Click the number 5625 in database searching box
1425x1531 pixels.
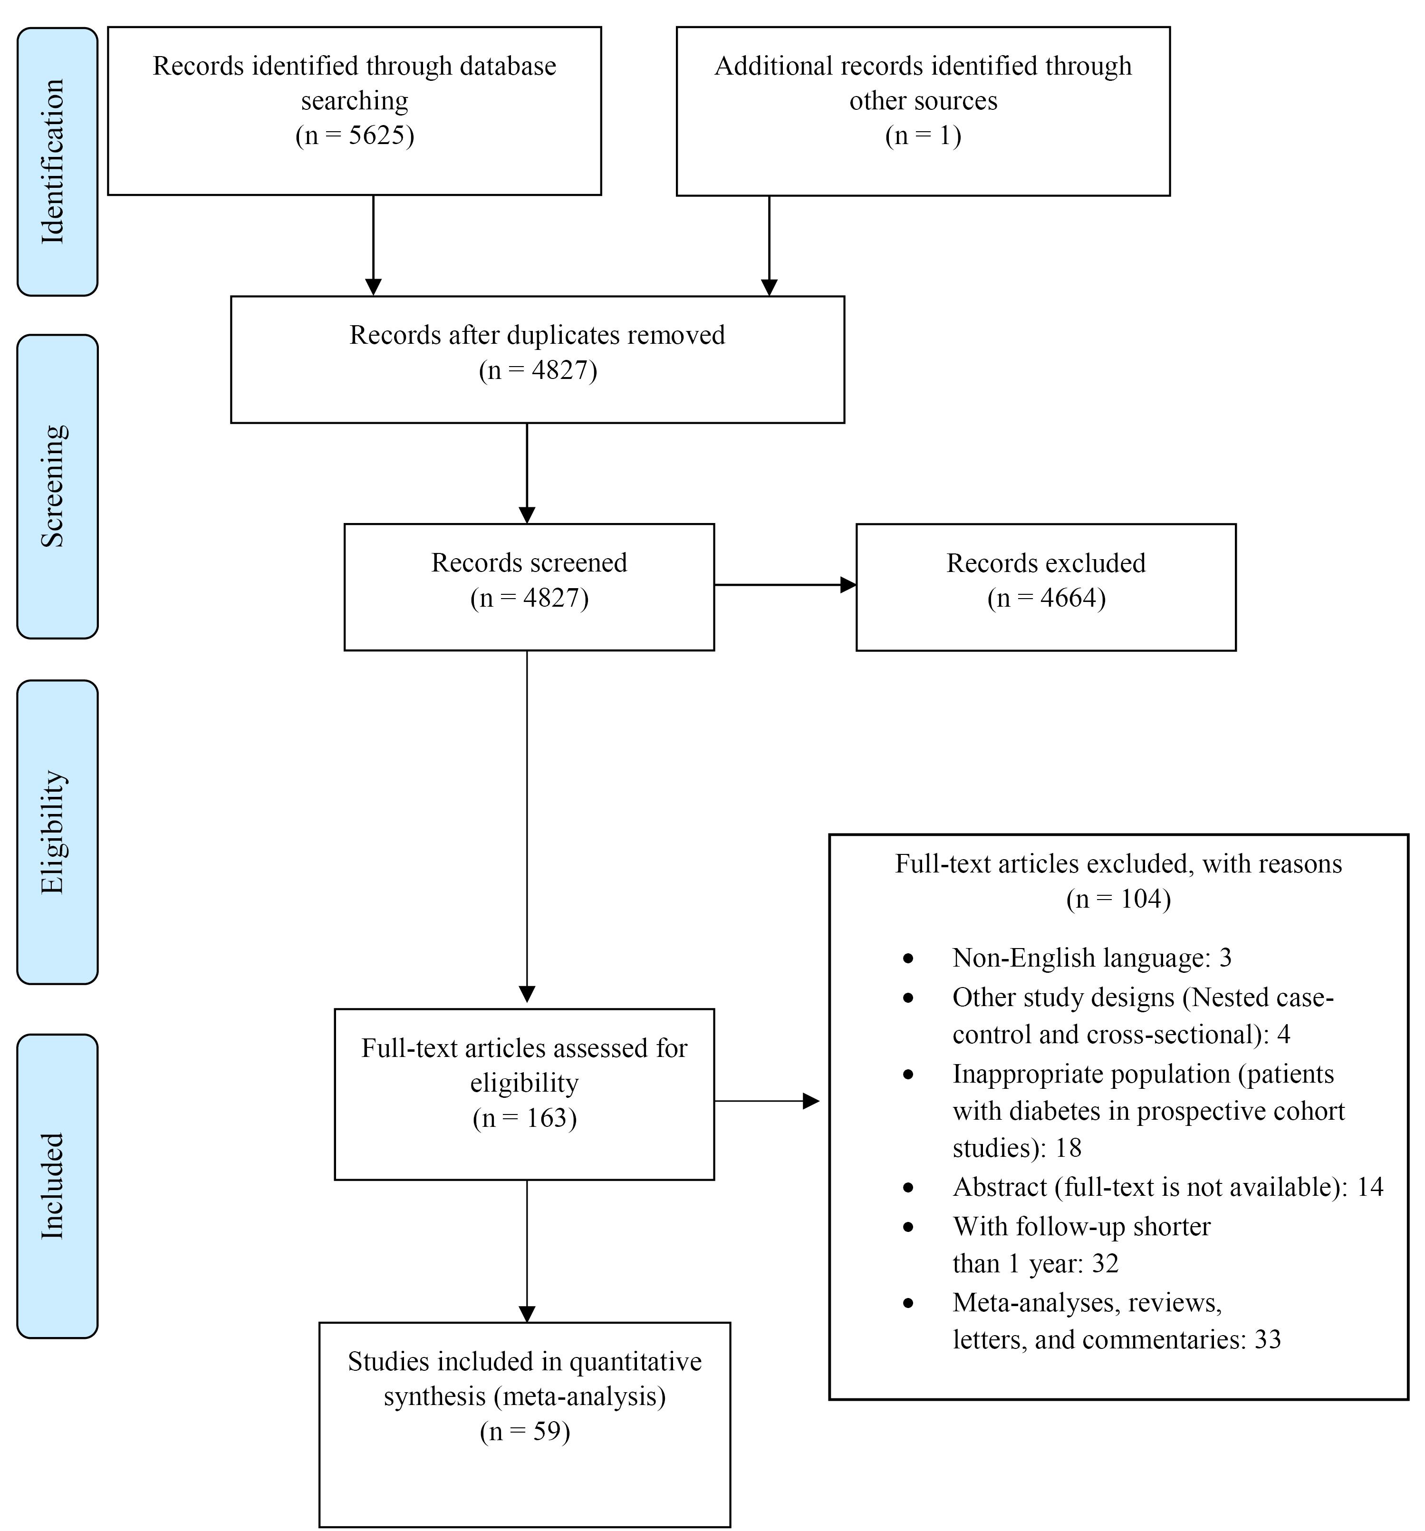(x=376, y=136)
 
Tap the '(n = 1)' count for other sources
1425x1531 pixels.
(x=923, y=136)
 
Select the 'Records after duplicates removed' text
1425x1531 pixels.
(x=538, y=335)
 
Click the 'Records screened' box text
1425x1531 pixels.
(x=529, y=563)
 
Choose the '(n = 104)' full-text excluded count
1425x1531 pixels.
(x=1118, y=899)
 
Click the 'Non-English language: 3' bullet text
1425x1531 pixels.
(x=1092, y=957)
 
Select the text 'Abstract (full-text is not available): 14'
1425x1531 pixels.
(x=1168, y=1187)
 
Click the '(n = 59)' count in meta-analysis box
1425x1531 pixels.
(x=525, y=1432)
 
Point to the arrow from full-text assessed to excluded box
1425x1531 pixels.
(x=767, y=1101)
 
